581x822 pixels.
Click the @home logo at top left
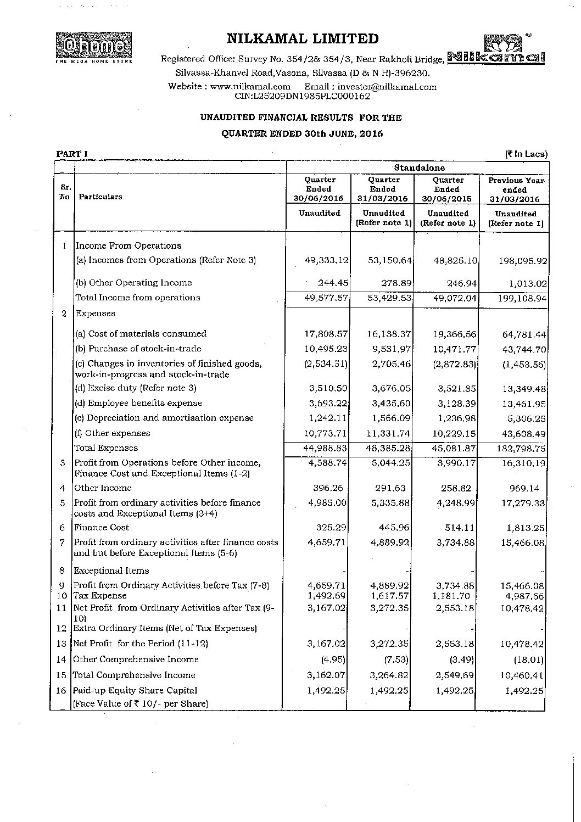[x=93, y=47]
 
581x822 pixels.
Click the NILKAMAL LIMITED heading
[x=303, y=39]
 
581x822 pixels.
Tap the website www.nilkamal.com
[x=250, y=87]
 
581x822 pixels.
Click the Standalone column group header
[x=419, y=168]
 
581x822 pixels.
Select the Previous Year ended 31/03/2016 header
[x=515, y=189]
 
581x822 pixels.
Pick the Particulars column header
[x=100, y=197]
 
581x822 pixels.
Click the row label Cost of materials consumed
[x=141, y=333]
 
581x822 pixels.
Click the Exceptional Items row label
[x=111, y=571]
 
